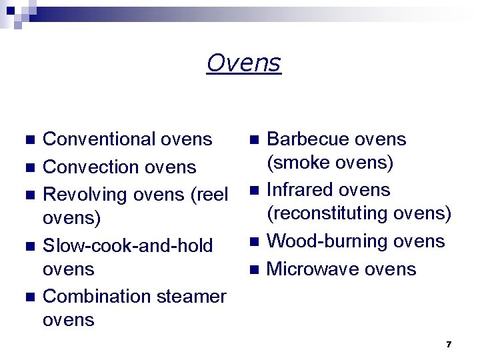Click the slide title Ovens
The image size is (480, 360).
pos(243,63)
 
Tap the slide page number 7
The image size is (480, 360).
pos(449,344)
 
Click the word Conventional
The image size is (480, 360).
pos(99,139)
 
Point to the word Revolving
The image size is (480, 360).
pos(85,195)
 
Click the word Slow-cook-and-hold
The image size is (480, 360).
pos(127,245)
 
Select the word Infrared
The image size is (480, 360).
pos(297,190)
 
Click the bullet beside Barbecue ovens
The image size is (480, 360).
pos(252,140)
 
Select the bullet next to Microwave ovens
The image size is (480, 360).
pos(252,269)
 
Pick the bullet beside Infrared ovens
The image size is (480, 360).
pos(252,191)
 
